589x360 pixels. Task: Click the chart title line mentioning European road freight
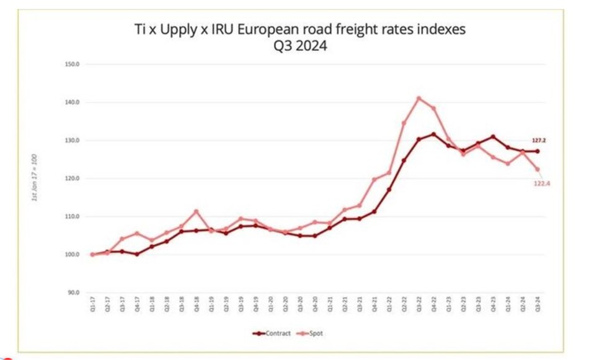click(x=299, y=30)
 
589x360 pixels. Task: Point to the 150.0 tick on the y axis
click(x=73, y=64)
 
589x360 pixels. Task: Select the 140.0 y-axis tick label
click(x=73, y=102)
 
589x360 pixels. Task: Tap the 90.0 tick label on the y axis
click(x=74, y=292)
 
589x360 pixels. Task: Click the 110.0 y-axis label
click(x=73, y=217)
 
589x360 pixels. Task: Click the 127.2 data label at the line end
click(x=538, y=141)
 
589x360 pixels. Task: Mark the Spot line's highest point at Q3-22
click(x=418, y=98)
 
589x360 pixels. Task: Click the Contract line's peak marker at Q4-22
click(x=433, y=134)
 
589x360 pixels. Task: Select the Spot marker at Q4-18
click(x=196, y=211)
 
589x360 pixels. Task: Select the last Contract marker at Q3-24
click(x=538, y=151)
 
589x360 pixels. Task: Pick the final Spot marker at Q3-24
click(x=538, y=169)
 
